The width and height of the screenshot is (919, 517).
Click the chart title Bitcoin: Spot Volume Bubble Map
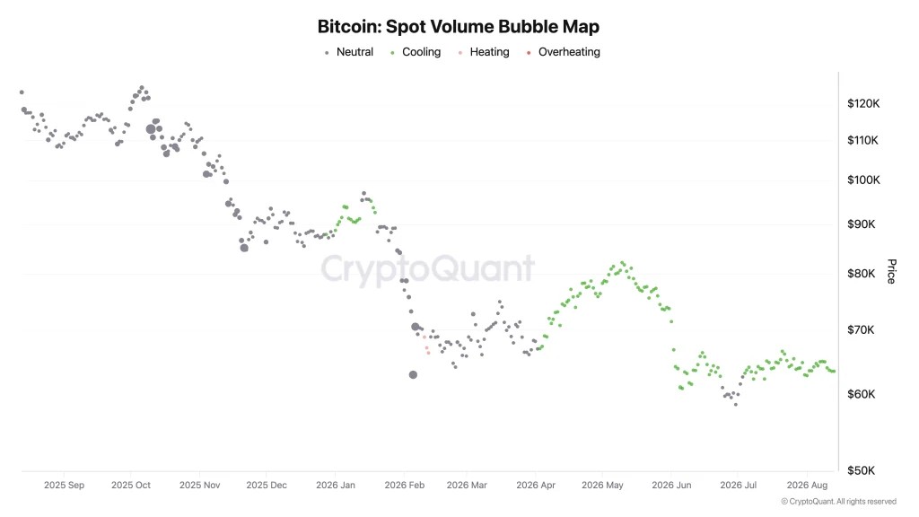[x=459, y=26]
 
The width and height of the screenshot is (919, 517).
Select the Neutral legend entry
[x=349, y=52]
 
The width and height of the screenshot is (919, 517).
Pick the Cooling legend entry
[x=416, y=52]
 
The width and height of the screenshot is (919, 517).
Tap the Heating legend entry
[x=484, y=52]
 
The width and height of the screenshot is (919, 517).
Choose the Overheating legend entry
[x=564, y=52]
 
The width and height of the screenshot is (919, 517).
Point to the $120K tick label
[x=863, y=104]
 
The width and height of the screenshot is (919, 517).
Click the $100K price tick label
[x=863, y=180]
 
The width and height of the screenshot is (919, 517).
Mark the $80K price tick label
[x=861, y=274]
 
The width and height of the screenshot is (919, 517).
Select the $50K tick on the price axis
[x=861, y=470]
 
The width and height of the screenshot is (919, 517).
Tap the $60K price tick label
[x=861, y=395]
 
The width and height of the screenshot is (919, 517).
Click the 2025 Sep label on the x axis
[x=64, y=486]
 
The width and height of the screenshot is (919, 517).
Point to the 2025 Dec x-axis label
[x=267, y=486]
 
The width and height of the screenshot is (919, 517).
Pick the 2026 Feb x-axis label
[x=405, y=486]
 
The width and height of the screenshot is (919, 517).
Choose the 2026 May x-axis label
[x=602, y=486]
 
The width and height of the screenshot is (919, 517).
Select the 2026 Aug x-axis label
[x=807, y=486]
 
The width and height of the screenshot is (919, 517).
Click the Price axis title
[x=891, y=271]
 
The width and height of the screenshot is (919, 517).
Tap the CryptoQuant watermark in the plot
[x=427, y=269]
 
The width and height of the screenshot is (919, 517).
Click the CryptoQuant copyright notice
[x=839, y=502]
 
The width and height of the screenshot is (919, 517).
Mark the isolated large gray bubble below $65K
[x=413, y=374]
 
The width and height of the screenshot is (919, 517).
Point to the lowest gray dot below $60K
[x=736, y=405]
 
